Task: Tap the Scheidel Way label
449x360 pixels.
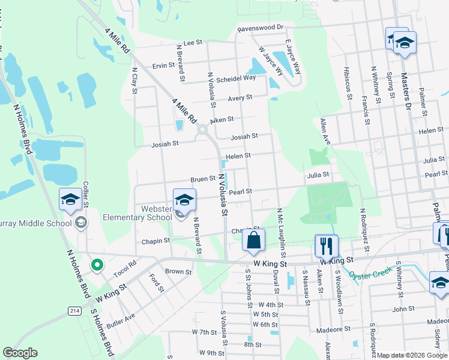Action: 237,78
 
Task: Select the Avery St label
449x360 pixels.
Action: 240,98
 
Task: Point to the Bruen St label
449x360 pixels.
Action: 203,179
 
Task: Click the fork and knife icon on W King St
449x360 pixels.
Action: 327,245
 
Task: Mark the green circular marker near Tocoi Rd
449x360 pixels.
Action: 96,264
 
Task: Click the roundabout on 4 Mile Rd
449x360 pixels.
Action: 202,129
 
